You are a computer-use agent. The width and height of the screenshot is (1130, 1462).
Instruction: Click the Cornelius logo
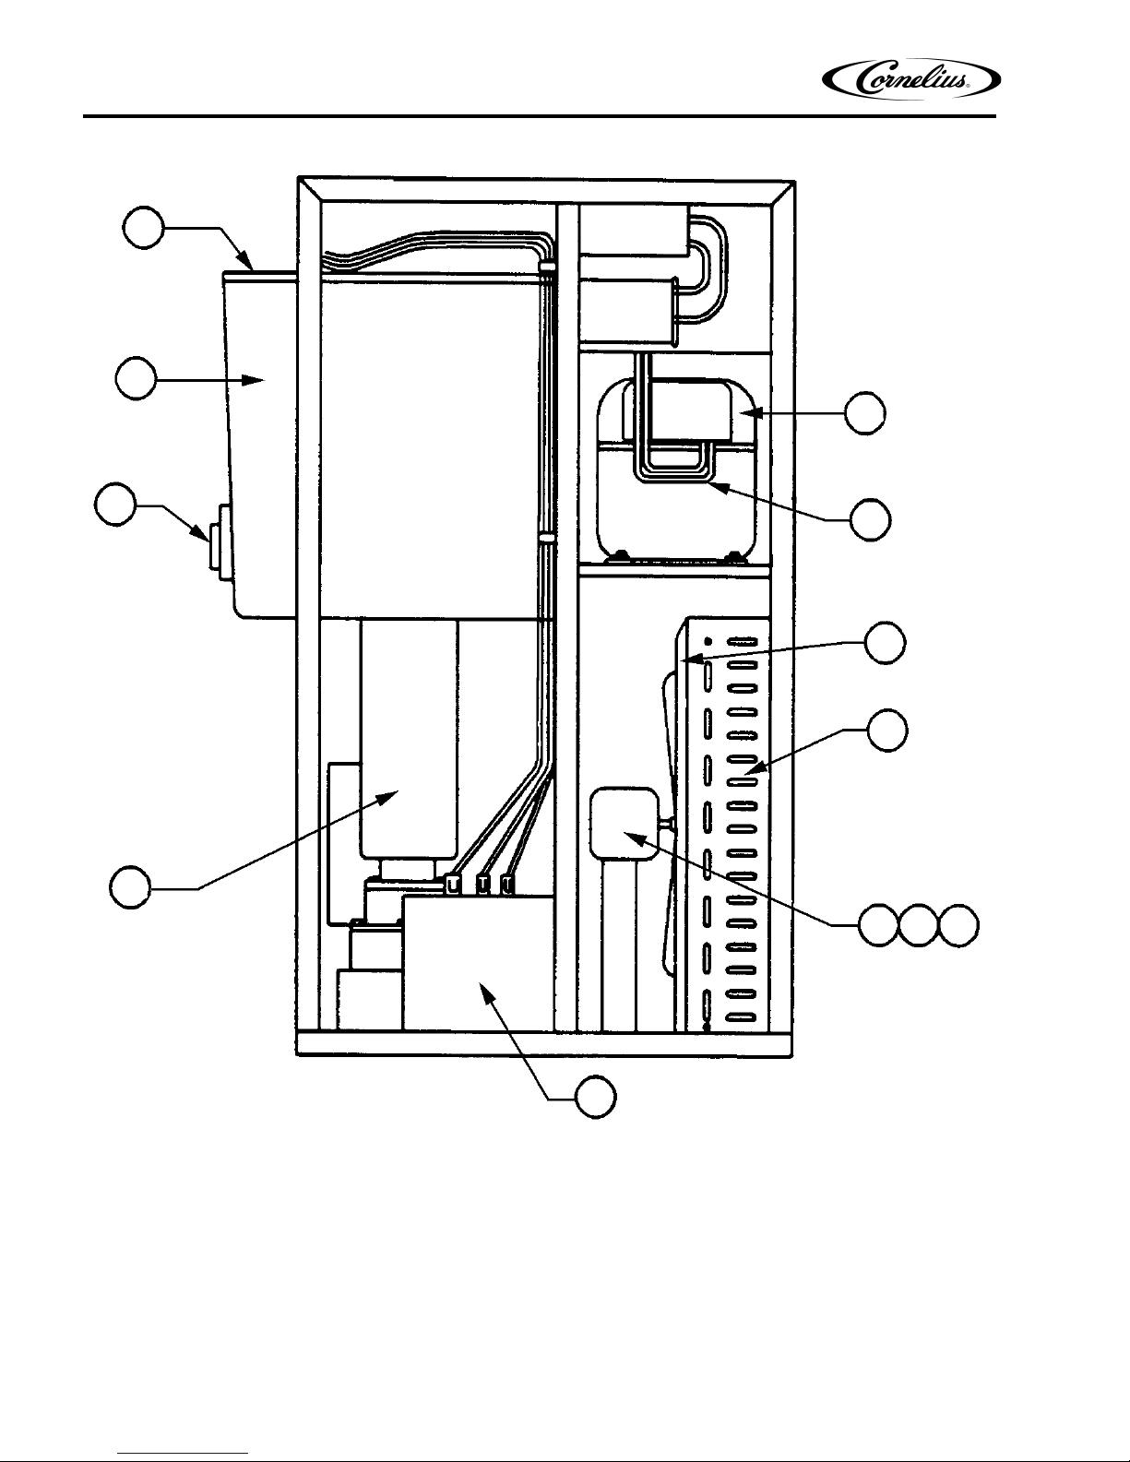coord(910,79)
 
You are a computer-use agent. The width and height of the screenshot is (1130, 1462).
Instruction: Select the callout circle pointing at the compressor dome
coord(865,413)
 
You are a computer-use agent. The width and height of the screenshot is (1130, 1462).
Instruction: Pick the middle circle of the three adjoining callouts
coord(919,926)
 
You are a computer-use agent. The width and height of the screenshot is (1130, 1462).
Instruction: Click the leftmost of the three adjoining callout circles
coord(879,926)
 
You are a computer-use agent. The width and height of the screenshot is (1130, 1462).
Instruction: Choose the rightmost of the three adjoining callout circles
coord(958,926)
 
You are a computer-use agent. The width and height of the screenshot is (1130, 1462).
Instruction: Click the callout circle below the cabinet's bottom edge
coord(596,1098)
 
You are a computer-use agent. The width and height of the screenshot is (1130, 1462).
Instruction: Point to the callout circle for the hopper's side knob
coord(115,504)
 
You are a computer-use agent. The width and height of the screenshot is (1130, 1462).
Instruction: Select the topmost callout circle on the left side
coord(143,228)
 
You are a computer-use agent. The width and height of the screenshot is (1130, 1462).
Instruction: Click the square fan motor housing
coord(624,824)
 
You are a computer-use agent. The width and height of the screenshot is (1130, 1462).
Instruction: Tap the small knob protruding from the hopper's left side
coord(218,546)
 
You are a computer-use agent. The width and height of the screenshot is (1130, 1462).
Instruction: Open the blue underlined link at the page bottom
coord(183,1455)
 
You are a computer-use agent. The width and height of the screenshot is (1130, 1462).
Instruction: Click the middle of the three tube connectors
coord(482,884)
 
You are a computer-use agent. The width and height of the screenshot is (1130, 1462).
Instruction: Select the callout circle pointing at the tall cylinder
coord(130,888)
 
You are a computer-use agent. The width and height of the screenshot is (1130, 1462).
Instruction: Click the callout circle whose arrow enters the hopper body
coord(137,379)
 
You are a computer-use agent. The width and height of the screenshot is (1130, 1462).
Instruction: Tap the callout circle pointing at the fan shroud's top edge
coord(886,643)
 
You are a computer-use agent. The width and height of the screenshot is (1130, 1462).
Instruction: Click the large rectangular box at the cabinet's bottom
coord(478,963)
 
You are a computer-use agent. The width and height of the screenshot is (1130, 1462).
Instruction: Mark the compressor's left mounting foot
coord(619,555)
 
